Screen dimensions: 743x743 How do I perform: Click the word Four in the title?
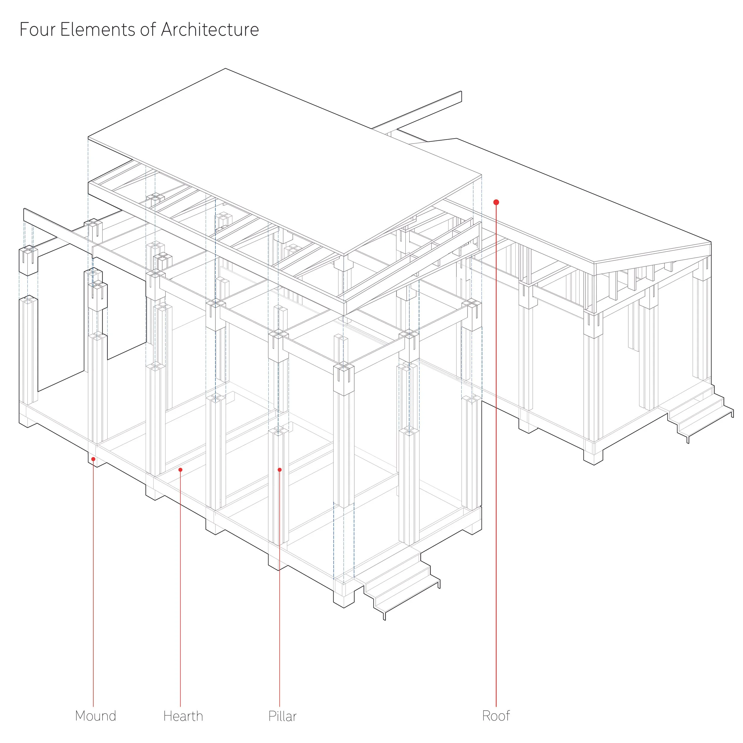click(x=37, y=30)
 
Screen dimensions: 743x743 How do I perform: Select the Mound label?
click(x=95, y=716)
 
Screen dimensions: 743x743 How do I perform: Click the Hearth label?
click(x=183, y=716)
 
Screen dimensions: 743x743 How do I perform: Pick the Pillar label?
click(x=282, y=716)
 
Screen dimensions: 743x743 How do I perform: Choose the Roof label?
click(x=496, y=716)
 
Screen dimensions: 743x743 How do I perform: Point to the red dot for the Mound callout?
click(x=93, y=459)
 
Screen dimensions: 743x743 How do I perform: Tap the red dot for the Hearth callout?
click(x=180, y=470)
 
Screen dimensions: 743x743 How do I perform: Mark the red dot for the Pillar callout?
click(x=280, y=470)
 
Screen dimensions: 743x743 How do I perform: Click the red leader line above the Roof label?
click(x=496, y=462)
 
